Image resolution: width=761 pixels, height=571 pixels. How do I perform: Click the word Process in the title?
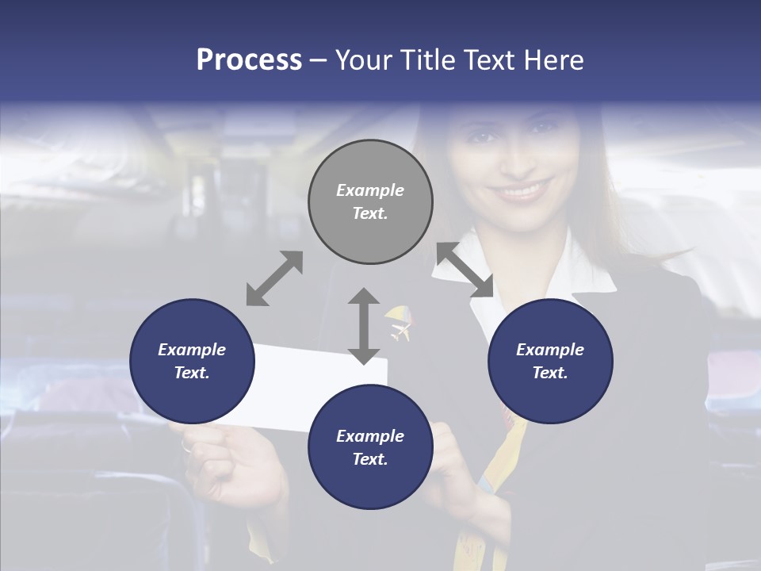point(249,60)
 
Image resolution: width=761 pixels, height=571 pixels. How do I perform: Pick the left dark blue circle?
point(192,361)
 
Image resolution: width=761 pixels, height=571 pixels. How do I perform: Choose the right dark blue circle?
point(550,361)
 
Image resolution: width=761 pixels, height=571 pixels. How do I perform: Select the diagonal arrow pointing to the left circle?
point(274,278)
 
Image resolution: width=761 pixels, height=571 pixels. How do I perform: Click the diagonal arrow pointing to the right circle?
point(465,270)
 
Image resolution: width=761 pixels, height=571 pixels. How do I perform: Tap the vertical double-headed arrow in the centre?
point(364,326)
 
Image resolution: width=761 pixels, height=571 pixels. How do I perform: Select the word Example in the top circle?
point(370,190)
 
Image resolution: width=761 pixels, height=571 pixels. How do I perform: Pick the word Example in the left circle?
point(192,350)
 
